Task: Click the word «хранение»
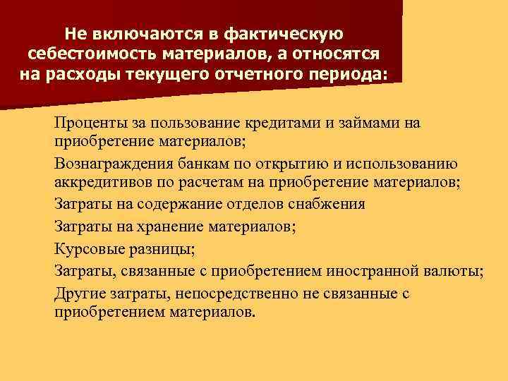171,226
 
